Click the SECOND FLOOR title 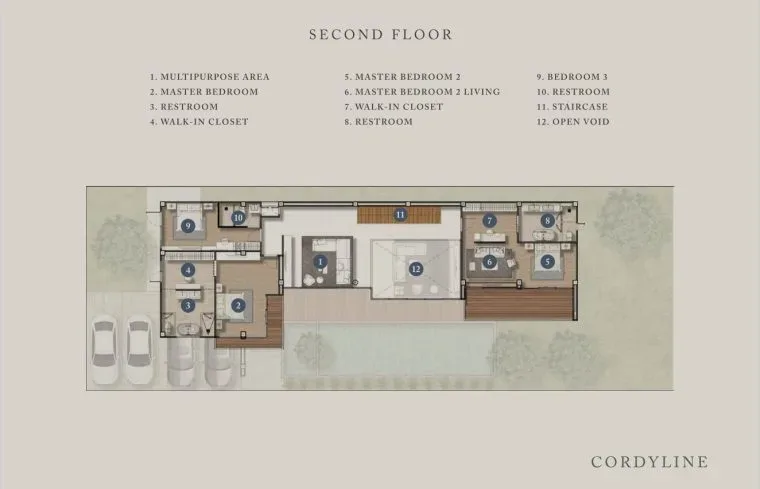click(380, 34)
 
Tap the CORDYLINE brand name click(649, 462)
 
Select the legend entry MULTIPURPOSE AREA click(209, 77)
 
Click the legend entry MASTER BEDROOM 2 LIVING click(422, 92)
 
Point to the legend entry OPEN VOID click(573, 122)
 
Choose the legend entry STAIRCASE click(572, 107)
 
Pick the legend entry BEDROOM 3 click(572, 77)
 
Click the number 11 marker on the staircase click(400, 214)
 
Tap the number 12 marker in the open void click(416, 269)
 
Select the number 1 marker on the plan click(320, 262)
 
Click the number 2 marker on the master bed click(238, 305)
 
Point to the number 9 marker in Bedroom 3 click(188, 225)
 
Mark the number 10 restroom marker click(238, 218)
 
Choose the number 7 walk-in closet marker click(490, 221)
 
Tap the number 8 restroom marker click(548, 221)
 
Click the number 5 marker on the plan click(548, 262)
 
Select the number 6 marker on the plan click(490, 262)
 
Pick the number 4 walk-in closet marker click(188, 270)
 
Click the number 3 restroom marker click(188, 305)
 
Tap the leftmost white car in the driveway click(104, 349)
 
